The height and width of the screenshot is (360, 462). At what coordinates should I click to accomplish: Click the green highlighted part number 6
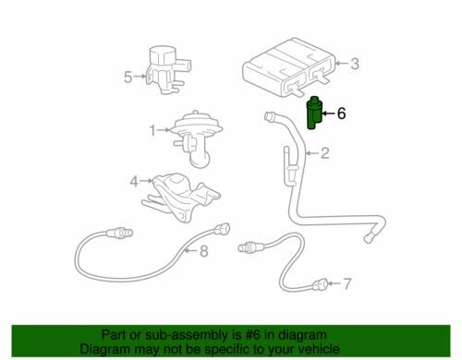[x=314, y=114]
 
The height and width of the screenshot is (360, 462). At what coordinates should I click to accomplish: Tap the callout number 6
[x=341, y=114]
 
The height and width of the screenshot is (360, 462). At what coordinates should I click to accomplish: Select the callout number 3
[x=355, y=64]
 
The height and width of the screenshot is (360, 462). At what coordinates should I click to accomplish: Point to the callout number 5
[x=128, y=77]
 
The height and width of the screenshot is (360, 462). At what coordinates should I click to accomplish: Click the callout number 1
[x=152, y=130]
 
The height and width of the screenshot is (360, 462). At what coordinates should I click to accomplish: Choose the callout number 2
[x=325, y=153]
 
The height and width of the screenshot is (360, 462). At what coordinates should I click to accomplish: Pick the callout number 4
[x=134, y=182]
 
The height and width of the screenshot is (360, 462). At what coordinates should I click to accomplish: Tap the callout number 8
[x=204, y=251]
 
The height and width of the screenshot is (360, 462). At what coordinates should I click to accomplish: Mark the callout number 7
[x=346, y=283]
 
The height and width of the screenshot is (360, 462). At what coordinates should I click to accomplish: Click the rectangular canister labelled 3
[x=288, y=66]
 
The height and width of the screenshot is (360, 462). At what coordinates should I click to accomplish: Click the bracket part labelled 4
[x=182, y=197]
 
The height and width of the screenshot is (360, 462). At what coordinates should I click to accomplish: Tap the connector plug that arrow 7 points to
[x=319, y=285]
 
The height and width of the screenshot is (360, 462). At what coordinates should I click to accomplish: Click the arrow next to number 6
[x=329, y=114]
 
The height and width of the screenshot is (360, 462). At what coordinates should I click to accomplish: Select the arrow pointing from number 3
[x=342, y=64]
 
